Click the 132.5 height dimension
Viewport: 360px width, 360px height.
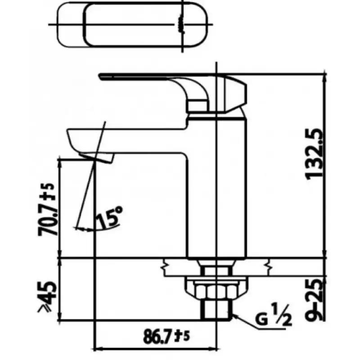tap(314, 154)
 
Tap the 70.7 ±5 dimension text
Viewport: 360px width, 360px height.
tap(47, 210)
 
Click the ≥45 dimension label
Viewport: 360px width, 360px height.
tap(47, 296)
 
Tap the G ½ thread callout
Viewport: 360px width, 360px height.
tap(274, 314)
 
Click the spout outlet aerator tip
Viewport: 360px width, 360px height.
tap(96, 157)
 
